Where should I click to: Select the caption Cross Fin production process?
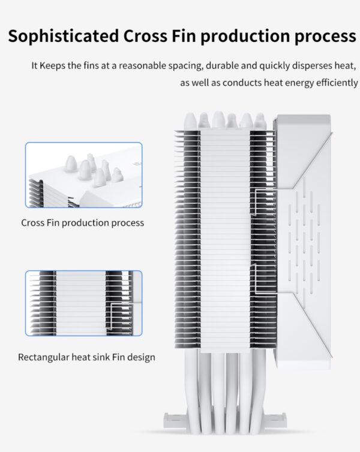83,223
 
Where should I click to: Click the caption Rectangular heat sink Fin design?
86,357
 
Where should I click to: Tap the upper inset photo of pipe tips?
83,175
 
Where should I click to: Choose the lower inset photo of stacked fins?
83,303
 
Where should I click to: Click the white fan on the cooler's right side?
303,240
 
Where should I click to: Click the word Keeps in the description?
53,65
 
